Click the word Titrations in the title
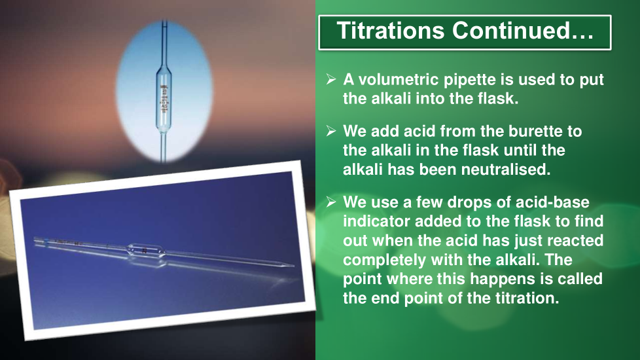pos(390,31)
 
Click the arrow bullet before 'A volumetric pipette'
pos(331,79)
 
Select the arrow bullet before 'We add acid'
pos(331,131)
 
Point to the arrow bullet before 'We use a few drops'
pos(331,202)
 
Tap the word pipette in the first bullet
pos(470,81)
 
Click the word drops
pos(479,203)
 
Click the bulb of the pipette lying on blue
pos(146,250)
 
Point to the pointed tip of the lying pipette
pos(293,266)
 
